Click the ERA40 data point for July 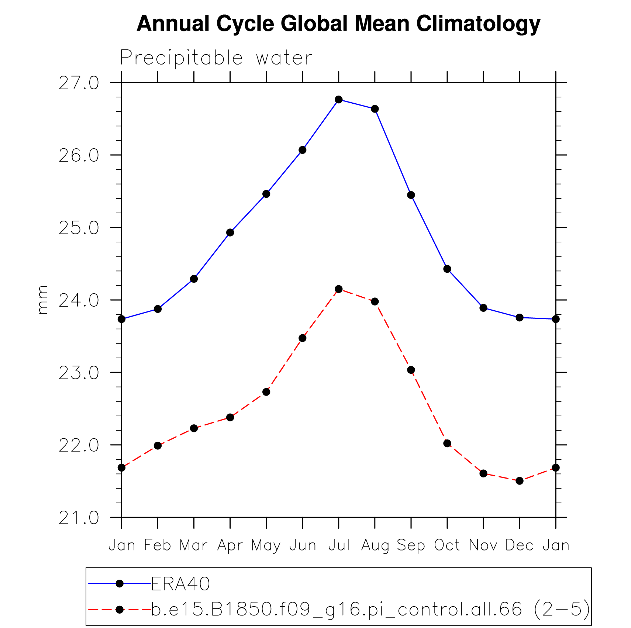tap(338, 100)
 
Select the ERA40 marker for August tap(375, 109)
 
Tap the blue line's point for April tap(230, 232)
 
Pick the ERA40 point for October tap(447, 269)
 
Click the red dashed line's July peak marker tap(338, 289)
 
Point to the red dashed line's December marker tap(519, 481)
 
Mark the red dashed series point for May tap(266, 392)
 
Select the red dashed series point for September tap(411, 370)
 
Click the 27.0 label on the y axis tap(79, 83)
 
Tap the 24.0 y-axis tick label tap(79, 301)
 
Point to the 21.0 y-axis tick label tap(79, 518)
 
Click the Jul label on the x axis tap(339, 545)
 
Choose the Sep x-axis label tap(411, 545)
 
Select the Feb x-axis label tap(158, 545)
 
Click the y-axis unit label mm tap(43, 300)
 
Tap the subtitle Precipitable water tap(216, 58)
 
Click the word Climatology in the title tap(478, 24)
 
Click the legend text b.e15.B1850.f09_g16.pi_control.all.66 tap(337, 609)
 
